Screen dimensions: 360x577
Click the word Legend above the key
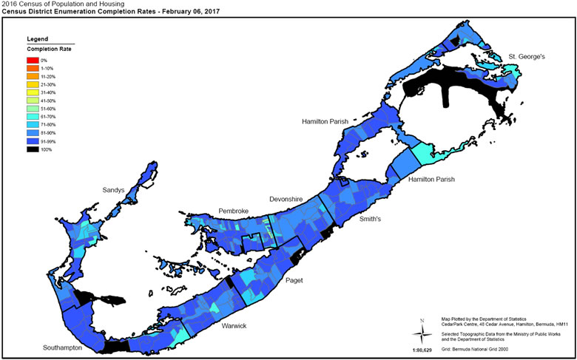(37, 38)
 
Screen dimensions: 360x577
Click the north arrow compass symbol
(422, 330)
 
